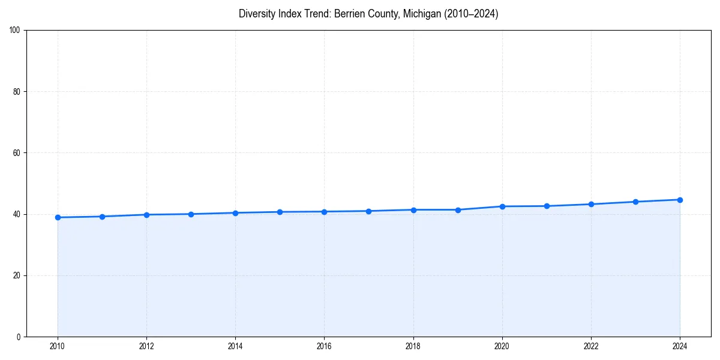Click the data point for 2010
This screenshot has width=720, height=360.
tap(58, 217)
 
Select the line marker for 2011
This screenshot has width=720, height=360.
tap(102, 217)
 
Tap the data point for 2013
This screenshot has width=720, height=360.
tap(191, 214)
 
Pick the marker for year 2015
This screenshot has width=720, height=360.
tap(280, 212)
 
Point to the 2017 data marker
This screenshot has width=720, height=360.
tap(368, 211)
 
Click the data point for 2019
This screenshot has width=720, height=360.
tap(458, 210)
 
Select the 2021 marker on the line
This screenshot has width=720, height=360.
tap(547, 206)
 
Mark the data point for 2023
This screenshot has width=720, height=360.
tap(635, 202)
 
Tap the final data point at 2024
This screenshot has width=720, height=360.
tap(680, 200)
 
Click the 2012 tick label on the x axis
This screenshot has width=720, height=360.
tap(146, 346)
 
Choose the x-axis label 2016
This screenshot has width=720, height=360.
tap(324, 346)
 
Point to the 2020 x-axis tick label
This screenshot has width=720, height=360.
tap(502, 346)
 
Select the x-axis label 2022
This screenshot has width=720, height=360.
tap(591, 346)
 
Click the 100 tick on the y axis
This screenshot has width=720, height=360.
tap(15, 30)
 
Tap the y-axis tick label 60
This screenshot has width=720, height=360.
tap(17, 153)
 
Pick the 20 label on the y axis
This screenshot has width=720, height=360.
tap(17, 275)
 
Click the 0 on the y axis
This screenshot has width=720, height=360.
tap(19, 337)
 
